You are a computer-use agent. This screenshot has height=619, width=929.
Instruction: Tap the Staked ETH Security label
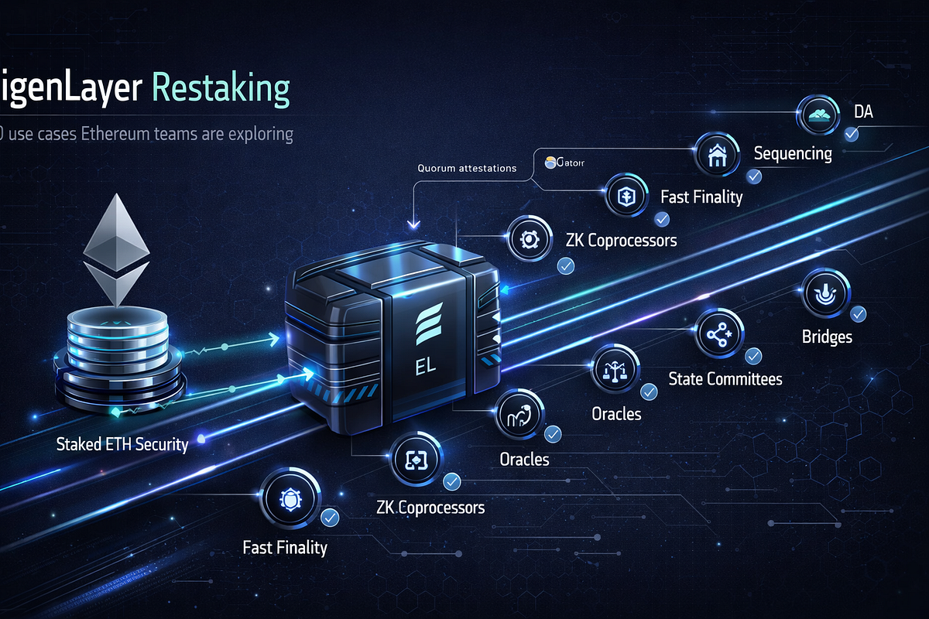(122, 444)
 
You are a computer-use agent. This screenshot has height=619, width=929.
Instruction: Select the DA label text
(863, 112)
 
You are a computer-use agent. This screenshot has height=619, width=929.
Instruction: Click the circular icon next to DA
(818, 115)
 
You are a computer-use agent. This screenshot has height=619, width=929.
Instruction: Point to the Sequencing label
(793, 153)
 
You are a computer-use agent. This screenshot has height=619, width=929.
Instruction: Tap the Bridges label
(827, 337)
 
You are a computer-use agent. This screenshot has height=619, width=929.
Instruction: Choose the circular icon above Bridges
(823, 292)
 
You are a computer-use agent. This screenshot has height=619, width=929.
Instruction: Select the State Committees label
(725, 379)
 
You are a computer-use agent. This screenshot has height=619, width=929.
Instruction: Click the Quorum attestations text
(467, 168)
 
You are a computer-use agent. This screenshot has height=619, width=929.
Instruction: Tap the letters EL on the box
(426, 364)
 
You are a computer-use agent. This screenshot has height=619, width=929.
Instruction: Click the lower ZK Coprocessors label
(430, 508)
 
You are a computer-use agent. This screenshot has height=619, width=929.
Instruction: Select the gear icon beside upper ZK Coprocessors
(530, 238)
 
